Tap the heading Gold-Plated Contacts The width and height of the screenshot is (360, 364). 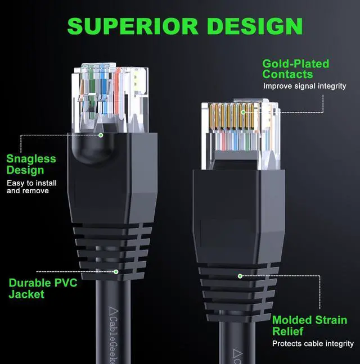click(295, 69)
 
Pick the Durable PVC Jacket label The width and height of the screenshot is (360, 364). click(43, 288)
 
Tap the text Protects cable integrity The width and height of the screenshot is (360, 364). click(313, 343)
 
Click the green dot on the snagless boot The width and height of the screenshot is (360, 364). click(101, 135)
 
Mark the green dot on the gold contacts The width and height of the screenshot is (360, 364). click(243, 112)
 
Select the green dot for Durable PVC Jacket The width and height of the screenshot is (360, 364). click(116, 272)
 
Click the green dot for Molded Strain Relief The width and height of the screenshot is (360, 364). click(240, 276)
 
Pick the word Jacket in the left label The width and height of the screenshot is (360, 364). click(26, 294)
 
